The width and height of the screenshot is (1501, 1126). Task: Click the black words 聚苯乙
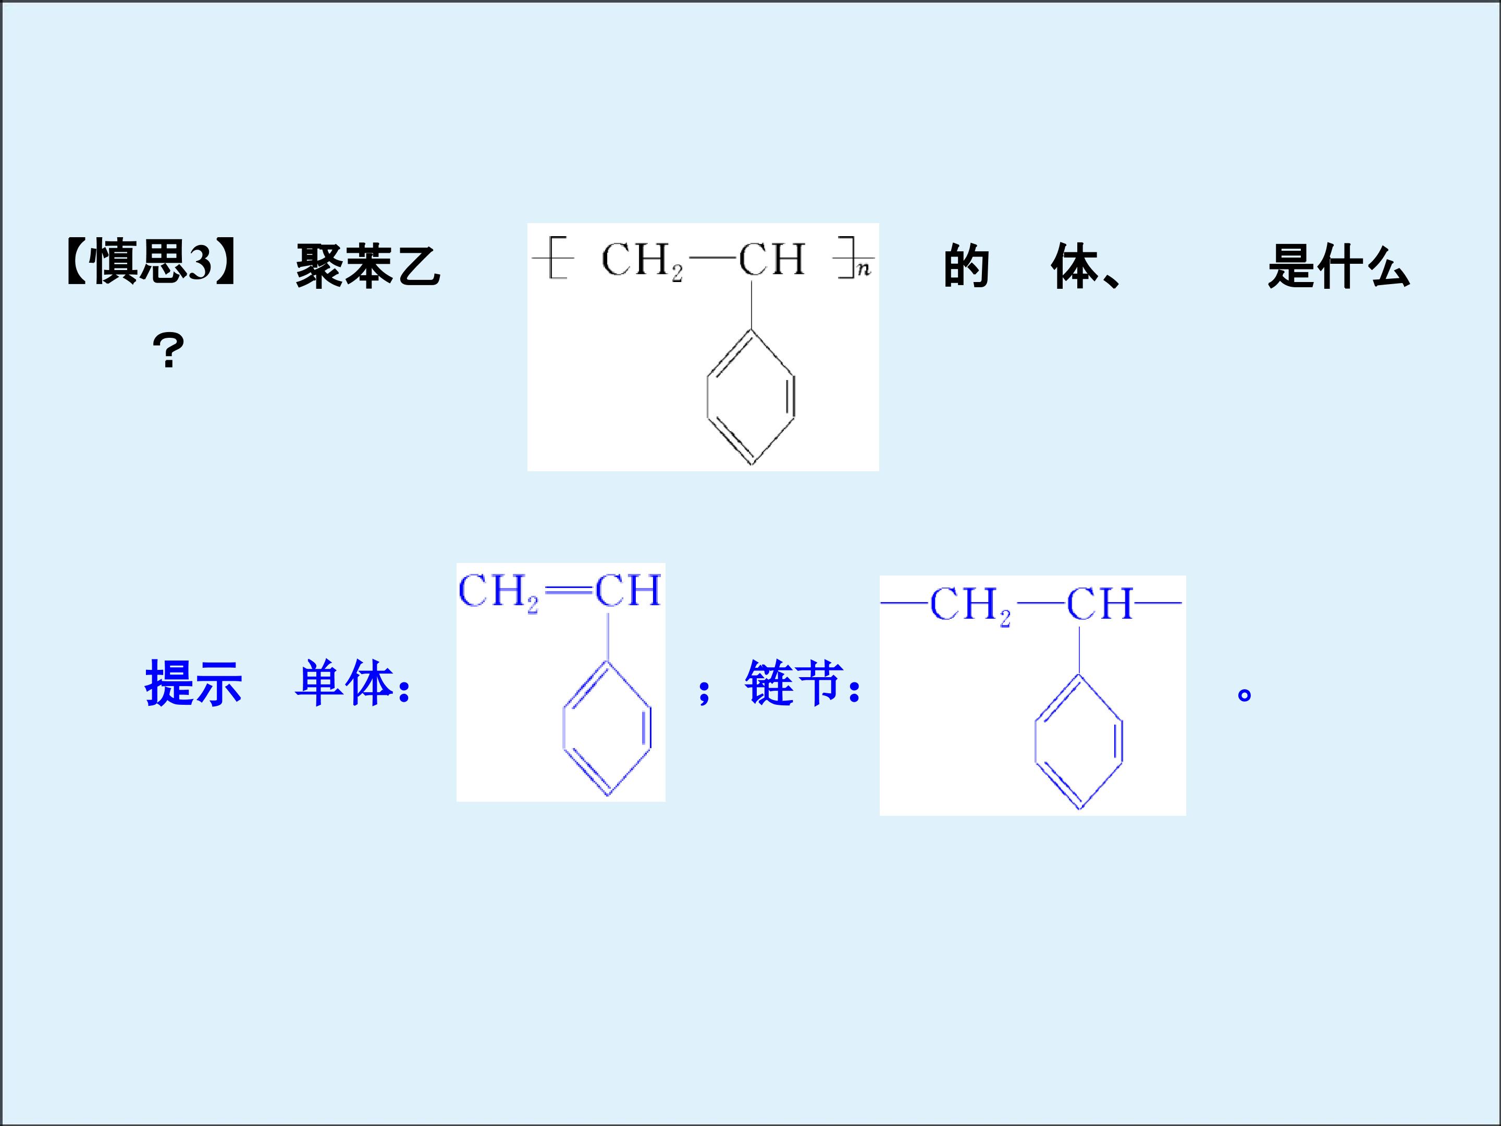(368, 266)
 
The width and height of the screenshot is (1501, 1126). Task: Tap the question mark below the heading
(168, 351)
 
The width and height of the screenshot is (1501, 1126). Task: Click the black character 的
(966, 266)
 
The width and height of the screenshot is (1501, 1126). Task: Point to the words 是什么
(1338, 266)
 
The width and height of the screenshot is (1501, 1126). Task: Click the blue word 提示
(193, 683)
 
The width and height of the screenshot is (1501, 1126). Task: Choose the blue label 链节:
(803, 683)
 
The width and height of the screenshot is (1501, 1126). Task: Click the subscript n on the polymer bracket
(863, 270)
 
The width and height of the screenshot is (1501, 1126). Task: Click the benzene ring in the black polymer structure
(750, 397)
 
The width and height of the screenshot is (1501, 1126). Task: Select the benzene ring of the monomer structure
(607, 728)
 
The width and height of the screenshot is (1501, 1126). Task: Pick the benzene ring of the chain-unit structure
(1079, 742)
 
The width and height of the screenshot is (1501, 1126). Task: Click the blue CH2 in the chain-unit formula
(970, 605)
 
